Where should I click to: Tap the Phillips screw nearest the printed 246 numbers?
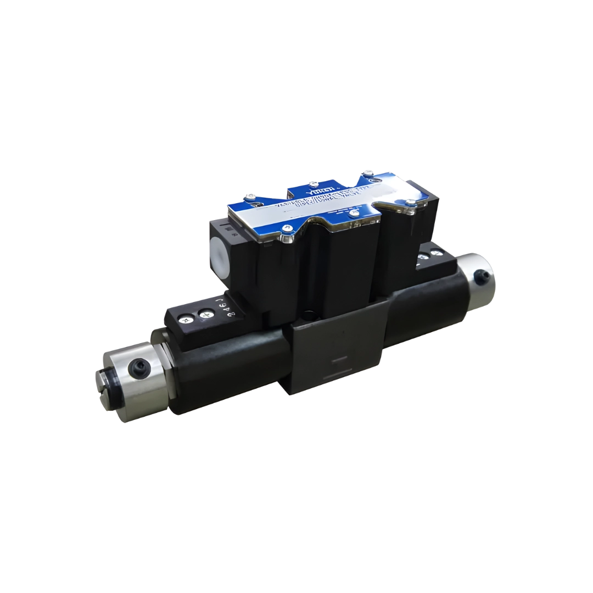point(206,315)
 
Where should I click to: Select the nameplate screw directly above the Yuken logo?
point(313,183)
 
